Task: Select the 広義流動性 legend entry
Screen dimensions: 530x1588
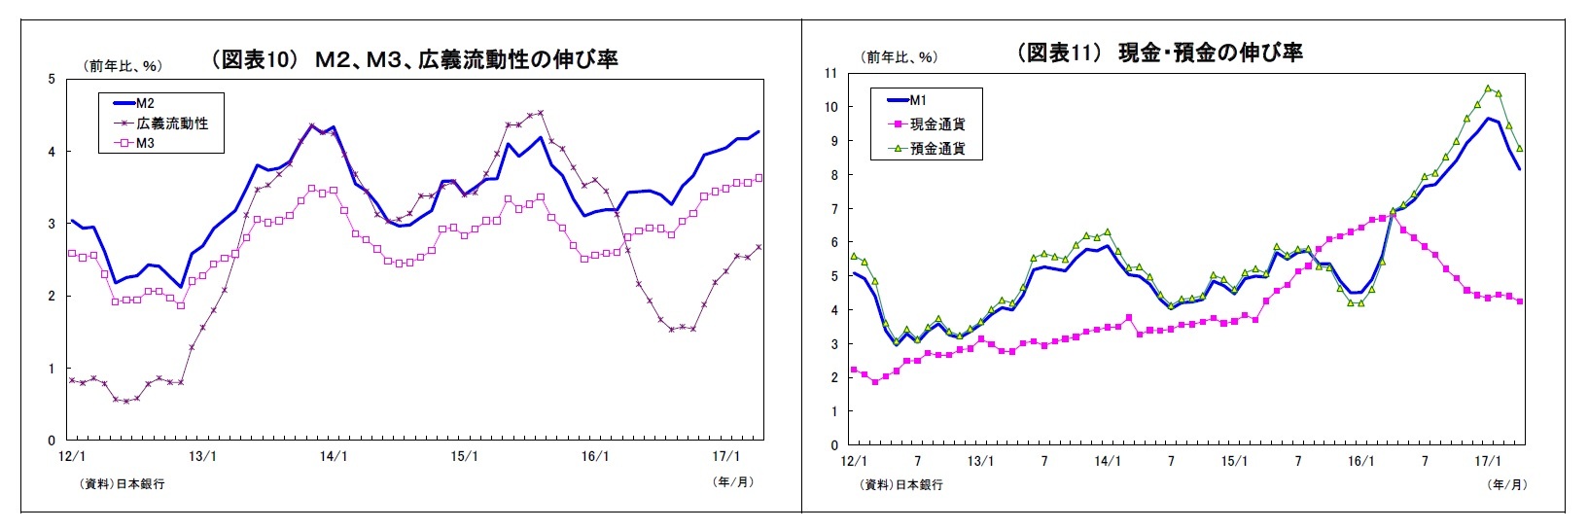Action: (x=171, y=124)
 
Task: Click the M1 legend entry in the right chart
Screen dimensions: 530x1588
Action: (x=919, y=99)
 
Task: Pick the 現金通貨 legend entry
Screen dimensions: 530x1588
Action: (x=936, y=124)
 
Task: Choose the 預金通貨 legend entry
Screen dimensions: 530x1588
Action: (x=936, y=149)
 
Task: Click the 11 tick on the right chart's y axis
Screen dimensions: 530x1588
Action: (x=829, y=73)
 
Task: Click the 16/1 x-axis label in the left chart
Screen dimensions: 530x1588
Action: (x=595, y=455)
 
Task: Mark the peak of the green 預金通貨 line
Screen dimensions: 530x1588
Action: (x=1488, y=88)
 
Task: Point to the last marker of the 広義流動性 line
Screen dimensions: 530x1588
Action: (x=759, y=247)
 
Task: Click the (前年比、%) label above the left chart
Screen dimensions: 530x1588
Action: (x=123, y=66)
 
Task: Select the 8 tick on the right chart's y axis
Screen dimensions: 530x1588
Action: (x=832, y=175)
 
